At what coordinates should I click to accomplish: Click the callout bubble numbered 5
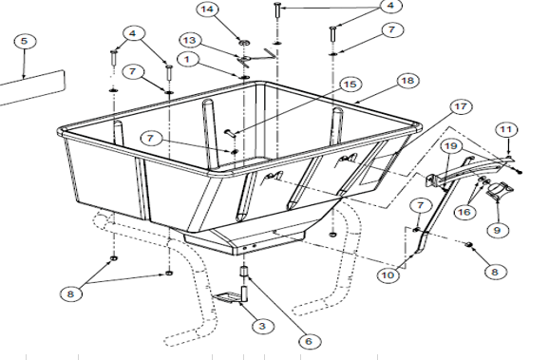pyautogui.click(x=24, y=42)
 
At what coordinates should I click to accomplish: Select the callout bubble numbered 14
pyautogui.click(x=208, y=9)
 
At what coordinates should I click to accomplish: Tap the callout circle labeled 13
pyautogui.click(x=190, y=40)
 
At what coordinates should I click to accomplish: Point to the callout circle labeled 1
pyautogui.click(x=187, y=59)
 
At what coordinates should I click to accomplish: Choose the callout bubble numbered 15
pyautogui.click(x=350, y=85)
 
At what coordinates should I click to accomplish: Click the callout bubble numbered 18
pyautogui.click(x=407, y=81)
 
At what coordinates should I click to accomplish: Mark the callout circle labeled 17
pyautogui.click(x=461, y=106)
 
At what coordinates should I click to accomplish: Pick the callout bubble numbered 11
pyautogui.click(x=506, y=130)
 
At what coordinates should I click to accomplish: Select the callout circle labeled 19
pyautogui.click(x=451, y=145)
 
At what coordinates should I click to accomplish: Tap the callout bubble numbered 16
pyautogui.click(x=464, y=212)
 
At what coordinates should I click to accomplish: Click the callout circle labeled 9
pyautogui.click(x=497, y=231)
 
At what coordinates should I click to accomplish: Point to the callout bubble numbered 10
pyautogui.click(x=388, y=275)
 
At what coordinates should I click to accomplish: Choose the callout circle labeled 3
pyautogui.click(x=262, y=327)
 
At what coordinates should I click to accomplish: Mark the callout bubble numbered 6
pyautogui.click(x=309, y=341)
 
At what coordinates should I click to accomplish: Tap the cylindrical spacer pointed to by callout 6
pyautogui.click(x=244, y=272)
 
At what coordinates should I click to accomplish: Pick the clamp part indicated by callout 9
pyautogui.click(x=499, y=191)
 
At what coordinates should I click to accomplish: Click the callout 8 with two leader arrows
pyautogui.click(x=70, y=294)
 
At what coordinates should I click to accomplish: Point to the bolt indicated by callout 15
pyautogui.click(x=230, y=132)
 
